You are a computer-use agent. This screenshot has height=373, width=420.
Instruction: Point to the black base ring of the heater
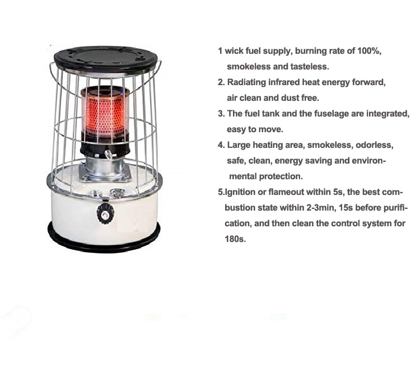(x=104, y=237)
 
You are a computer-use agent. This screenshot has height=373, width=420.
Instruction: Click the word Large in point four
(x=239, y=145)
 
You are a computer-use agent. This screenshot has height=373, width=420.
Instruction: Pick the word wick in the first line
(x=234, y=51)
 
